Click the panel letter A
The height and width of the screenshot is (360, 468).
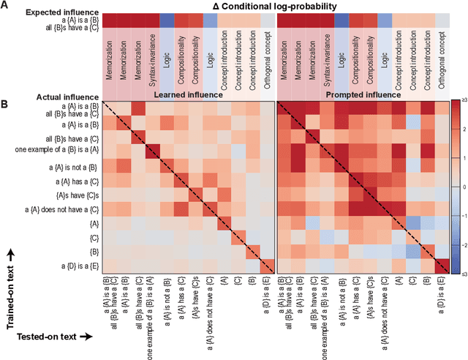(5, 6)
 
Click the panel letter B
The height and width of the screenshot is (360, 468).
(5, 103)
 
